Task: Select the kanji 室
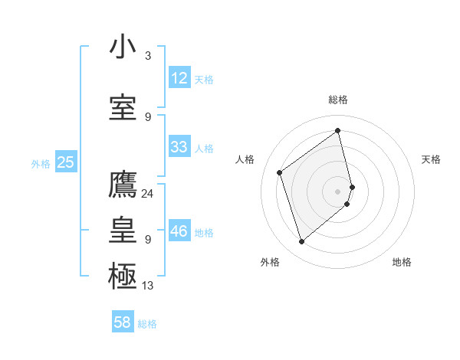123,107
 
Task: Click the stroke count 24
148,193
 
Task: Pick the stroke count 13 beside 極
148,286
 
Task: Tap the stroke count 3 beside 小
148,55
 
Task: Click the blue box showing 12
179,78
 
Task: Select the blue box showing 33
179,147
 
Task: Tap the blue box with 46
179,231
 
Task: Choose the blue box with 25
66,162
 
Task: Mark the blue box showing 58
123,322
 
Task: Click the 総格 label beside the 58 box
147,324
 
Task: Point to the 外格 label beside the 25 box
41,163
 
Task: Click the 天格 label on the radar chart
431,159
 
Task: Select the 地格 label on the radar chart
402,262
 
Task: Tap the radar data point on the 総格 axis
337,130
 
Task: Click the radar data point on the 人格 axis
280,172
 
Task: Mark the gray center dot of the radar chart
338,191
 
